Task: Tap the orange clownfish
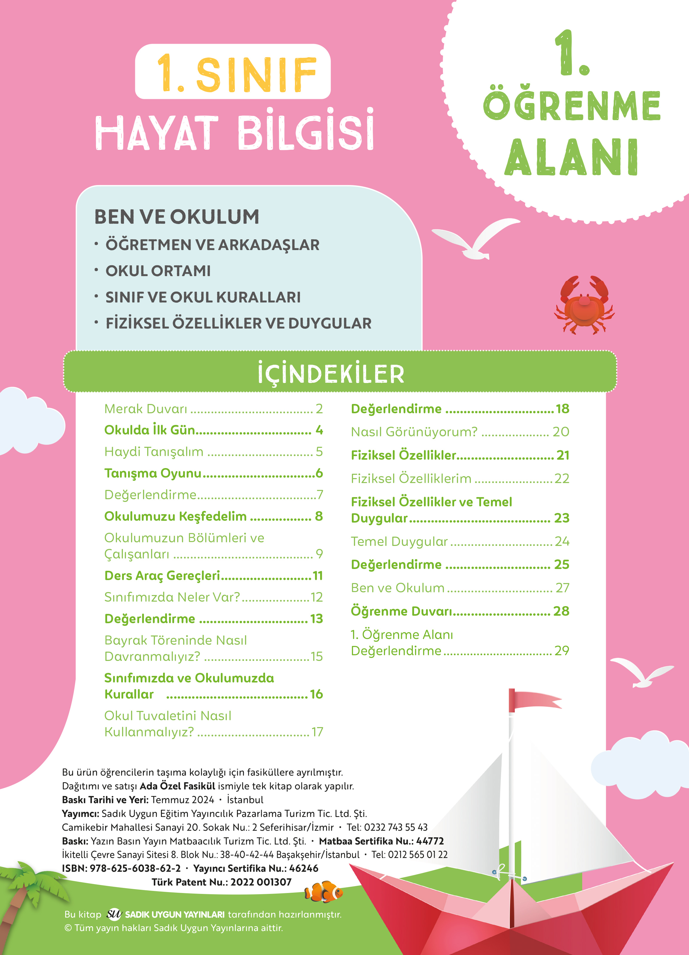pyautogui.click(x=324, y=892)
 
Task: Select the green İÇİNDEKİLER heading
pyautogui.click(x=331, y=373)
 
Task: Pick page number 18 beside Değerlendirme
pyautogui.click(x=562, y=409)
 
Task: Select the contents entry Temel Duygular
pyautogui.click(x=399, y=541)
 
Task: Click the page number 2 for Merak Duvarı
pyautogui.click(x=319, y=409)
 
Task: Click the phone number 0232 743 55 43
pyautogui.click(x=396, y=827)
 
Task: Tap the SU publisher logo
pyautogui.click(x=114, y=914)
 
